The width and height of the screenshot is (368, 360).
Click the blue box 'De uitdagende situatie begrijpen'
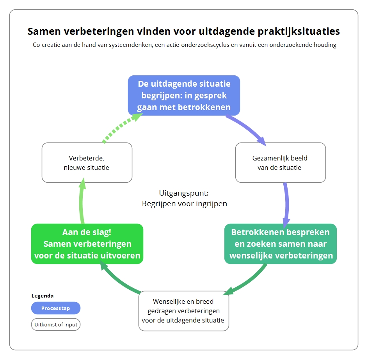coord(184,95)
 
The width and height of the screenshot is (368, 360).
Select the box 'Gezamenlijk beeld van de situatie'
coord(281,162)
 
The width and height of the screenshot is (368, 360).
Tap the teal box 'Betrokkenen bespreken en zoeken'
coord(281,244)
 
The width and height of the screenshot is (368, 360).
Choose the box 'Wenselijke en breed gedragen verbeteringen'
coord(184,311)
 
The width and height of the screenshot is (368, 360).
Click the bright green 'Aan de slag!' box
coord(87,244)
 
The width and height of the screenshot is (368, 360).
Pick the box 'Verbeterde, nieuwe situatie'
coord(87,162)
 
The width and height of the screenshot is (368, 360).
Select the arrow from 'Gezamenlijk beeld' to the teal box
coord(286,204)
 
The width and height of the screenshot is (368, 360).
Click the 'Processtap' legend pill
coord(56,308)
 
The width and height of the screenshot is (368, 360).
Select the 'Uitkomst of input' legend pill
coord(56,324)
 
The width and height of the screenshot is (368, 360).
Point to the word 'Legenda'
coord(43,296)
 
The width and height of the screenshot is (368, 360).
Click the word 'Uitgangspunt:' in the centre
coord(184,193)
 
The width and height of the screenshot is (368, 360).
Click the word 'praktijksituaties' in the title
coord(299,32)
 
